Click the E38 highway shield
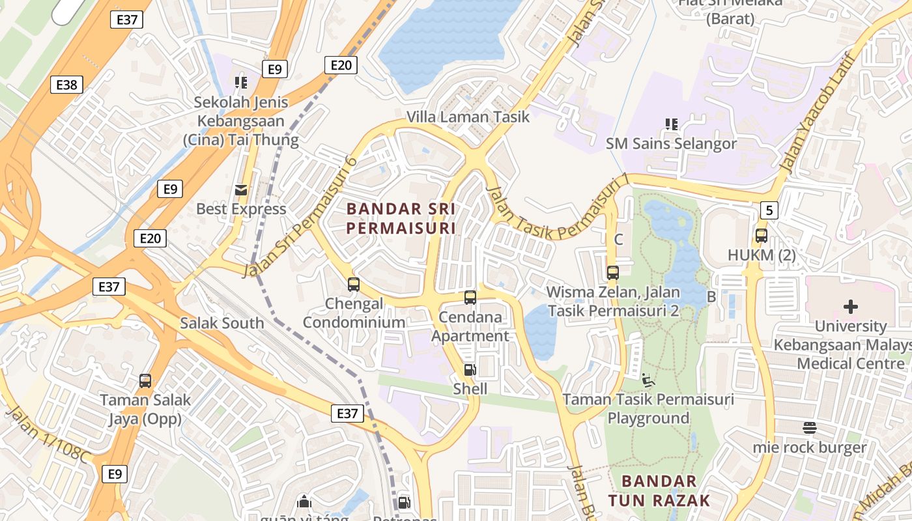coord(66,85)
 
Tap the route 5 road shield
coord(769,210)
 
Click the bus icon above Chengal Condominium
coord(354,285)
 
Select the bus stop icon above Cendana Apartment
coord(470,298)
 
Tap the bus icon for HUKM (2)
coord(762,236)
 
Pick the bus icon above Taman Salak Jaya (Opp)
coord(145,381)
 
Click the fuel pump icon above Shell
coord(470,370)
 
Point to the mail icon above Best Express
coord(241,190)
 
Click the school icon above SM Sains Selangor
coord(671,124)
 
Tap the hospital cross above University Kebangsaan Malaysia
coord(850,306)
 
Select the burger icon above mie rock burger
coord(810,428)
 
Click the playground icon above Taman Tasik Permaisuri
coord(648,380)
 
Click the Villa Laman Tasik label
coord(468,117)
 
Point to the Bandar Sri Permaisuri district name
coord(401,218)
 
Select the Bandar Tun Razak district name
coord(659,490)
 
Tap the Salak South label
coord(222,323)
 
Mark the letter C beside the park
coord(618,240)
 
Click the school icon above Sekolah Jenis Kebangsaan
coord(241,83)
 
